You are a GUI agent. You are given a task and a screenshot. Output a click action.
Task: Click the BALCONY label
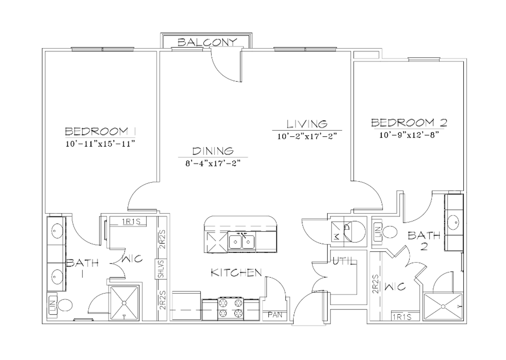coord(207,42)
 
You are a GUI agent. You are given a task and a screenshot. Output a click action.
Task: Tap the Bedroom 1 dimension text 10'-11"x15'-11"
coord(101,144)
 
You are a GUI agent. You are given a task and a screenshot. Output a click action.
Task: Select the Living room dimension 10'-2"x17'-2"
coord(307,136)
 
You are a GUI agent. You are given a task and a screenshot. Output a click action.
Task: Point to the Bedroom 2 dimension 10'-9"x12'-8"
coord(409,135)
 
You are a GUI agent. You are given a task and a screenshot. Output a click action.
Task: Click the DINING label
coord(213,151)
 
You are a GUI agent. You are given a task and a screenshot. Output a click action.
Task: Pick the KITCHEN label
coord(236,273)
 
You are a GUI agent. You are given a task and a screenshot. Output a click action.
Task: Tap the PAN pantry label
coord(275,315)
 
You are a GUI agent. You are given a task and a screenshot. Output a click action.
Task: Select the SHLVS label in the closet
coord(161,269)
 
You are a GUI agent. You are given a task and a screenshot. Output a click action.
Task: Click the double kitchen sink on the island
coord(241,242)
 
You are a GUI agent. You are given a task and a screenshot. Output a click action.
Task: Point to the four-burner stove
coord(231,309)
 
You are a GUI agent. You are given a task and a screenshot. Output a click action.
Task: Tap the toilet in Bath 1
coord(65,305)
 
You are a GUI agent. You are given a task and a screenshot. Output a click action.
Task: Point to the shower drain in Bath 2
coord(443,306)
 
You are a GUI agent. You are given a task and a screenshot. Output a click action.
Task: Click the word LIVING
coord(307,124)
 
